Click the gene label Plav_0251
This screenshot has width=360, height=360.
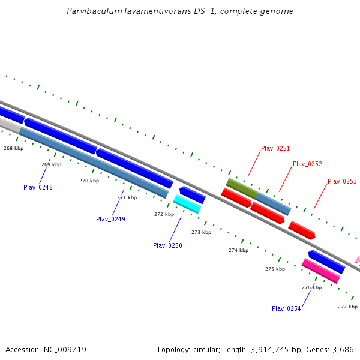(275, 148)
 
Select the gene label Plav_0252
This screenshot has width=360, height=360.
(307, 164)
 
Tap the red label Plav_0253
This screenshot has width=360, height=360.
(342, 181)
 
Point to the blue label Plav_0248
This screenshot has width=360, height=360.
(38, 187)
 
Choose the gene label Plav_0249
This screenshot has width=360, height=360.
(110, 219)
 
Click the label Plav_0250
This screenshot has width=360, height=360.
(167, 245)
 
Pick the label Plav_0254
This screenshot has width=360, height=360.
(286, 308)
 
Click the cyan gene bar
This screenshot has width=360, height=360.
(187, 203)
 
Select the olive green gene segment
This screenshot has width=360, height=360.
(241, 188)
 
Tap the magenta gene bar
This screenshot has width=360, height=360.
(321, 271)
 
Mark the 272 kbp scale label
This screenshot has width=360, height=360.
(164, 214)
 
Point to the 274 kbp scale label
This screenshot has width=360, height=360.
(238, 250)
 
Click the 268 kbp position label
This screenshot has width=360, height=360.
(13, 148)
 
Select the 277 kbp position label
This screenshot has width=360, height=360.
(347, 307)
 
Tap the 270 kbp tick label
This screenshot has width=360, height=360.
(89, 180)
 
